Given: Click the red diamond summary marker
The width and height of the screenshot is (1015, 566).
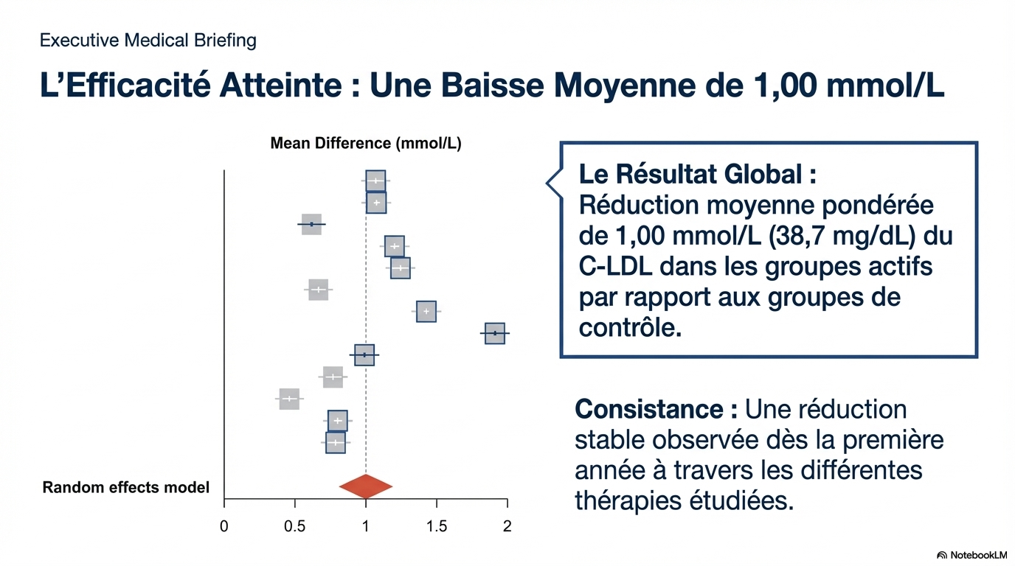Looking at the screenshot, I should tap(366, 486).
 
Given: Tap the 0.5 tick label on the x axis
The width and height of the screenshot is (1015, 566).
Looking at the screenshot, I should tap(295, 526).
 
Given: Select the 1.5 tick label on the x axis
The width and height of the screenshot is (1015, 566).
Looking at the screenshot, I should tap(437, 526).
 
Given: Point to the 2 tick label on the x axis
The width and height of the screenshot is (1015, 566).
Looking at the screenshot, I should tap(507, 526).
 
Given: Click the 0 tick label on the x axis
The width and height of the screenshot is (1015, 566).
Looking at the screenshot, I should tap(224, 526).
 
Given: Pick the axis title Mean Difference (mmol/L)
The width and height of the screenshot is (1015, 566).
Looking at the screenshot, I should tap(366, 144).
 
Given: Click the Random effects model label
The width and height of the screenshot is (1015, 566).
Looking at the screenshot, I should tap(126, 487).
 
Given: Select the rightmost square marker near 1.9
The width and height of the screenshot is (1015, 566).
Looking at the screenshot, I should tap(495, 333).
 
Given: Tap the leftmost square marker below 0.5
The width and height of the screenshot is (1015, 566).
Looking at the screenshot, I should tap(289, 399).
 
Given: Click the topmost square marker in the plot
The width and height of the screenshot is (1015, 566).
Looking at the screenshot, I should tap(375, 181).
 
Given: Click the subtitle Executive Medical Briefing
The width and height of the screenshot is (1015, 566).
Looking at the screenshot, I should tap(148, 40).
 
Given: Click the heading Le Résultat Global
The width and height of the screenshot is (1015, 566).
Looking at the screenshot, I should tap(697, 175).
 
